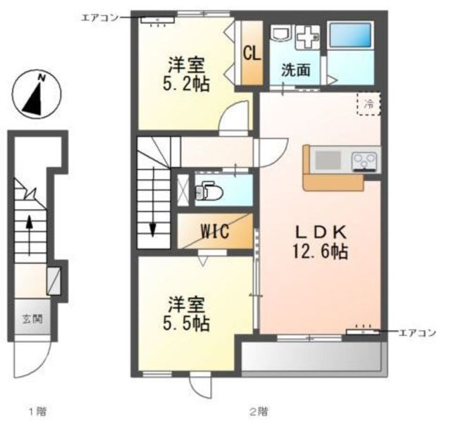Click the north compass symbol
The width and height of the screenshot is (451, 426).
coord(37,94)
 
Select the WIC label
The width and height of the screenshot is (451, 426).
coord(215,231)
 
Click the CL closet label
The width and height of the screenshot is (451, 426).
coord(252,54)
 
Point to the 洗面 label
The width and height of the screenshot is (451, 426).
coord(296,70)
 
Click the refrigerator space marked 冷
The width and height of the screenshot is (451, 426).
coord(369,104)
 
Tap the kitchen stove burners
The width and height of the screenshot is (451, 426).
coord(364,161)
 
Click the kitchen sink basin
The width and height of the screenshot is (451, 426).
coord(328,160)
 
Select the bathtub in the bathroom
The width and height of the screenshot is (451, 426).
coord(350,35)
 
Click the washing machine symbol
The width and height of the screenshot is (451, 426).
coord(309,37)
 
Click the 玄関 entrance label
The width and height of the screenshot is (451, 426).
coord(32,319)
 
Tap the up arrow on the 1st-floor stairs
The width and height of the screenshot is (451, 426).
coord(29,235)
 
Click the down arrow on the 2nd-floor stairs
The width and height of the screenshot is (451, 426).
coord(152,201)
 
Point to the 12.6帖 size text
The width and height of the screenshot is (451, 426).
coord(321,251)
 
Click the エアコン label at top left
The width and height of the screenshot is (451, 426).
coord(100,18)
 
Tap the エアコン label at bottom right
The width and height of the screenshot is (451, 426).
coord(418,333)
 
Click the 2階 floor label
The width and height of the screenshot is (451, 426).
coord(258,411)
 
